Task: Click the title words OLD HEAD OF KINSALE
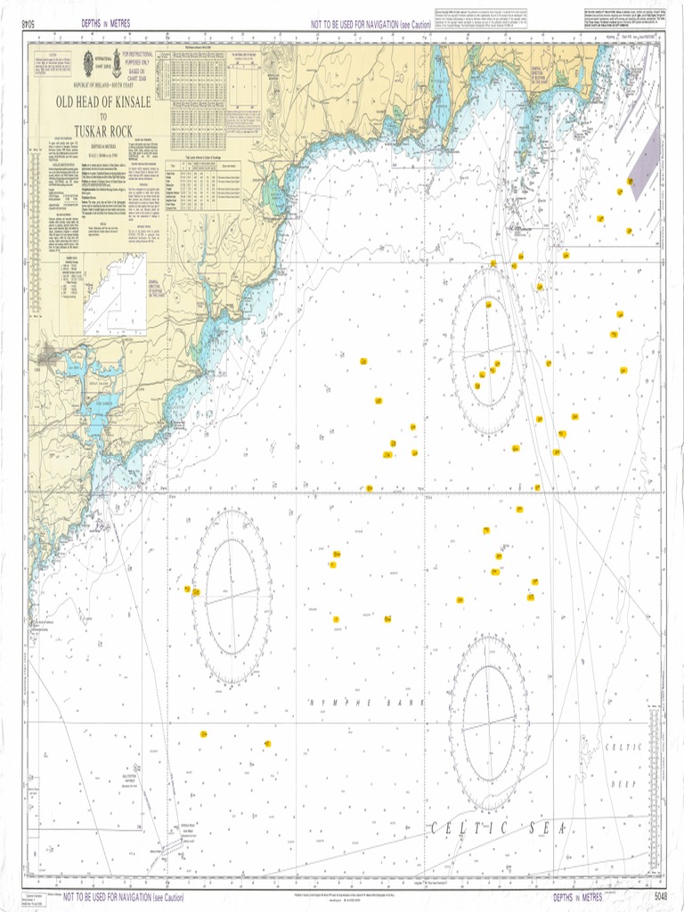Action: [103, 103]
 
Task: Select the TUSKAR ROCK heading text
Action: [103, 131]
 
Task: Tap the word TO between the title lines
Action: [103, 118]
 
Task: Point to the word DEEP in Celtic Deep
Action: [623, 785]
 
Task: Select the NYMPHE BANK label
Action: [366, 703]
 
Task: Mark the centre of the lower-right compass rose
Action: [488, 722]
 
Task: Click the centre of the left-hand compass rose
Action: [232, 596]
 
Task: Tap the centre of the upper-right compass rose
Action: [487, 351]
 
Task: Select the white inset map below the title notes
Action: [115, 291]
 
